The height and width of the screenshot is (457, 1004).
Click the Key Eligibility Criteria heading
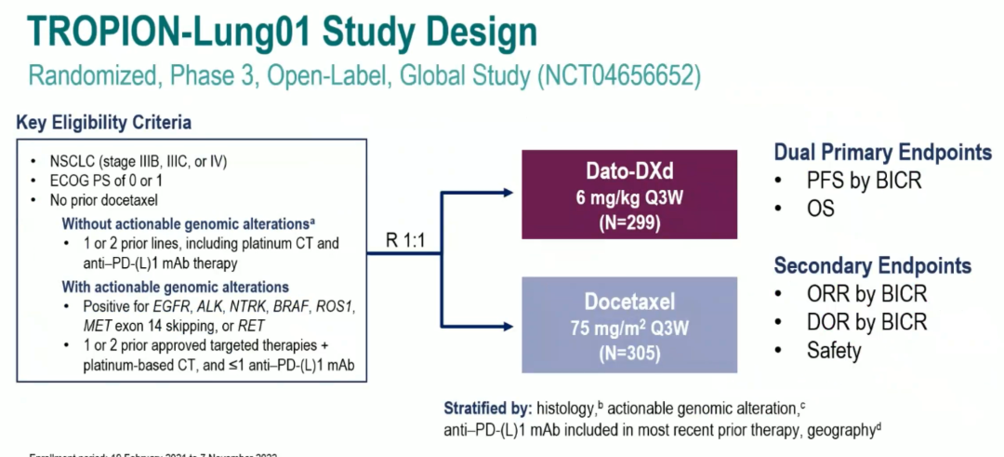103,123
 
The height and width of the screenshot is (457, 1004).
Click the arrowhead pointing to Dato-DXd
509,193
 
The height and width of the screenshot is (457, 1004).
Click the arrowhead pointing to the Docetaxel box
509,326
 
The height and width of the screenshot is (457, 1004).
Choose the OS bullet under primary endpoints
821,208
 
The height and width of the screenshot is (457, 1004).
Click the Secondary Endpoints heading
872,266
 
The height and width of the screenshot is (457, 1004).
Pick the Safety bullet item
834,350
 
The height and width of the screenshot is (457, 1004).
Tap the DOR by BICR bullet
865,322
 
